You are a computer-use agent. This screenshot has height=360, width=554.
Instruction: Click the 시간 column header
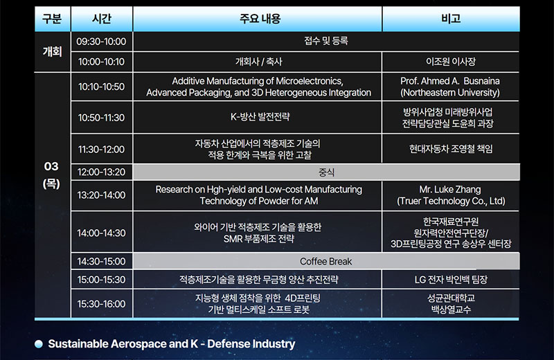[101, 19]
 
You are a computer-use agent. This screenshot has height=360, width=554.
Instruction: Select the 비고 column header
[451, 19]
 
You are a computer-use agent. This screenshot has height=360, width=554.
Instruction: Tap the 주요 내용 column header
[260, 19]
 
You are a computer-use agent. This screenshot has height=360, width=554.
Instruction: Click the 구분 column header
[52, 19]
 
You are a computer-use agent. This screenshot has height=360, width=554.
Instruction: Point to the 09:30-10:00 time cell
[101, 42]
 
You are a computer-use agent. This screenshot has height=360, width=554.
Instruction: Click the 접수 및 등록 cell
[326, 41]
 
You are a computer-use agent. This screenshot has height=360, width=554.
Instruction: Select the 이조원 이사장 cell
[451, 62]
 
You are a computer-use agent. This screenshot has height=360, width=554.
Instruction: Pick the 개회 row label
[53, 52]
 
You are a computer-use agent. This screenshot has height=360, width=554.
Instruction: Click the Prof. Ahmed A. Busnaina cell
[450, 87]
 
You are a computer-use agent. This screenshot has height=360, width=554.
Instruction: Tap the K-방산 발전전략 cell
[260, 117]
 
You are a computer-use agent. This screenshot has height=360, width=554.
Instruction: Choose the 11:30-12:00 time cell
[101, 149]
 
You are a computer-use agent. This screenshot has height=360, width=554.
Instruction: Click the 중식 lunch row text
[326, 172]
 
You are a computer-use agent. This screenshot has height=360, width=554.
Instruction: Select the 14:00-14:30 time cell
[101, 233]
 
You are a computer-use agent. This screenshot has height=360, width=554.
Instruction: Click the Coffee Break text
[325, 262]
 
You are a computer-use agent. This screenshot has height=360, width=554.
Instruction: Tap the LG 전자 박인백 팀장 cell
[451, 280]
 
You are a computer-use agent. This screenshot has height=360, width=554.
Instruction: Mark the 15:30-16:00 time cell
[101, 304]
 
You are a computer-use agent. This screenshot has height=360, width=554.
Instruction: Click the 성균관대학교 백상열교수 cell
[451, 304]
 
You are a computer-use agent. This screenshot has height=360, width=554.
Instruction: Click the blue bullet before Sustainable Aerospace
[39, 344]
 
